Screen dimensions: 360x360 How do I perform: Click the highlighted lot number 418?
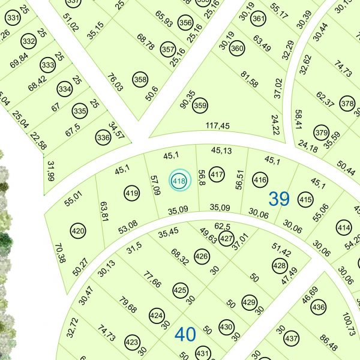pyautogui.click(x=179, y=181)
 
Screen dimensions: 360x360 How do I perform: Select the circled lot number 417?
pyautogui.click(x=217, y=176)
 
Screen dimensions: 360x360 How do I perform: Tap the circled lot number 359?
pyautogui.click(x=200, y=106)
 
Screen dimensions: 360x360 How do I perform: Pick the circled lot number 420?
pyautogui.click(x=78, y=230)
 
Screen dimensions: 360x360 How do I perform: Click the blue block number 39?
pyautogui.click(x=279, y=199)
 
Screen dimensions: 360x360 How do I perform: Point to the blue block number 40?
pyautogui.click(x=185, y=334)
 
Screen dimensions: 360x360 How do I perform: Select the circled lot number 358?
pyautogui.click(x=140, y=79)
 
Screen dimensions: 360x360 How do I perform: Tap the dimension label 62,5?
pyautogui.click(x=223, y=226)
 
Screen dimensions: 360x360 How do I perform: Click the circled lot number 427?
pyautogui.click(x=226, y=239)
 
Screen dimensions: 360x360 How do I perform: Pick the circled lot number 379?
pyautogui.click(x=322, y=133)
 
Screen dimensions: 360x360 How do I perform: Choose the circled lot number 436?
pyautogui.click(x=319, y=308)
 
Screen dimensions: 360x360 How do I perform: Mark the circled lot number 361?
pyautogui.click(x=258, y=19)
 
